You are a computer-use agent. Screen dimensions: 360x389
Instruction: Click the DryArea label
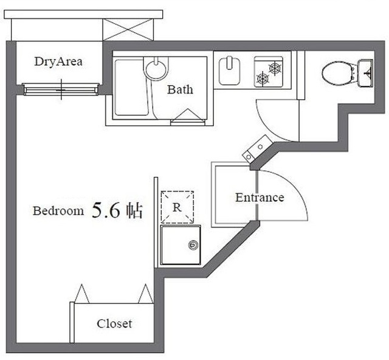[x=58, y=61]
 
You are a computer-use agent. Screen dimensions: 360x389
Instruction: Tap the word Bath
[x=180, y=90]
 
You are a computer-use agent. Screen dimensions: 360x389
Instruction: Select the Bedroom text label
[x=58, y=212]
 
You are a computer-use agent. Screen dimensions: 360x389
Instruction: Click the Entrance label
[x=260, y=198]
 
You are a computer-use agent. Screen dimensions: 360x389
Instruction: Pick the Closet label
[x=114, y=324]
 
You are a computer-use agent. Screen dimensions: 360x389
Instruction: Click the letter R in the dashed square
[x=176, y=207]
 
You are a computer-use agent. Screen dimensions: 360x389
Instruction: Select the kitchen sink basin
[x=230, y=70]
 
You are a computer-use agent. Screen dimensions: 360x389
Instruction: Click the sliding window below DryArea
[x=61, y=91]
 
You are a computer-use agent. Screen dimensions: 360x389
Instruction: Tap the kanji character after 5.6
[x=134, y=211]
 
